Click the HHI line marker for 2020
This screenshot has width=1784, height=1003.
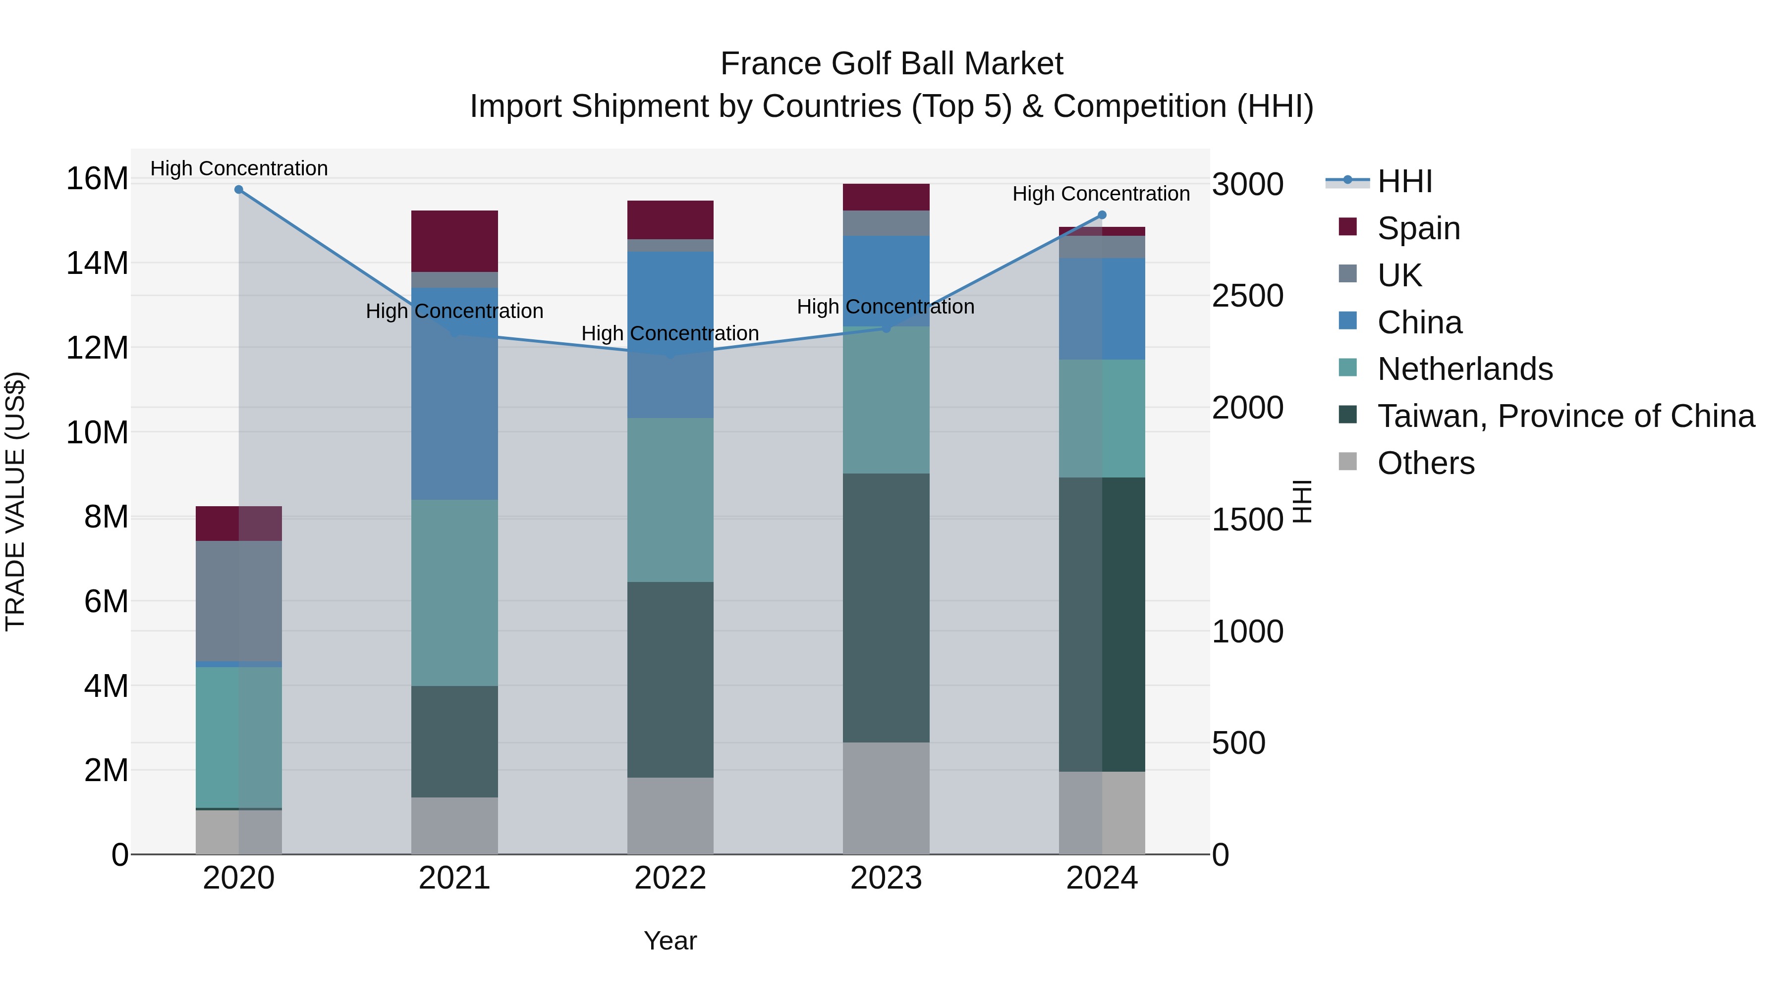pyautogui.click(x=239, y=189)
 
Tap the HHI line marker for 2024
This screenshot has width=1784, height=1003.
pyautogui.click(x=1102, y=214)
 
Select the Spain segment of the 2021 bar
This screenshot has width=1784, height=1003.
pyautogui.click(x=454, y=240)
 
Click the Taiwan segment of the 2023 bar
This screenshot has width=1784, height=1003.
pyautogui.click(x=886, y=607)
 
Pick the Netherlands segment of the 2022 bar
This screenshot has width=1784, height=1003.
pyautogui.click(x=669, y=499)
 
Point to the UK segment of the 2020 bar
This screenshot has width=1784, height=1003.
pyautogui.click(x=239, y=600)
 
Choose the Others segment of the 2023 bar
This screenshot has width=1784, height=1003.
pyautogui.click(x=886, y=797)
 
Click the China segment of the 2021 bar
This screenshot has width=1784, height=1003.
pyautogui.click(x=454, y=393)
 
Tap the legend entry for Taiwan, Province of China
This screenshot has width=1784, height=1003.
pyautogui.click(x=1565, y=416)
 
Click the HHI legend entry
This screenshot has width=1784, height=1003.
pyautogui.click(x=1404, y=181)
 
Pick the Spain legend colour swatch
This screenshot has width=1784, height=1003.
pyautogui.click(x=1348, y=227)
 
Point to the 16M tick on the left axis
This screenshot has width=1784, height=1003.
pyautogui.click(x=97, y=179)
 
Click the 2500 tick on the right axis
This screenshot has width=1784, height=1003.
pyautogui.click(x=1247, y=296)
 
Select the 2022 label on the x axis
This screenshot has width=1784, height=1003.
pyautogui.click(x=669, y=878)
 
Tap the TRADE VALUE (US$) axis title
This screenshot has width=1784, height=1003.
pyautogui.click(x=15, y=501)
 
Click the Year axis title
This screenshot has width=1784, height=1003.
pyautogui.click(x=669, y=941)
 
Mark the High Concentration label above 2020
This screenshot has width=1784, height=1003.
pyautogui.click(x=239, y=168)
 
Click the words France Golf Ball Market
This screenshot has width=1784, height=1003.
pyautogui.click(x=892, y=64)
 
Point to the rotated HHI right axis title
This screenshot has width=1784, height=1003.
pyautogui.click(x=1303, y=501)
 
